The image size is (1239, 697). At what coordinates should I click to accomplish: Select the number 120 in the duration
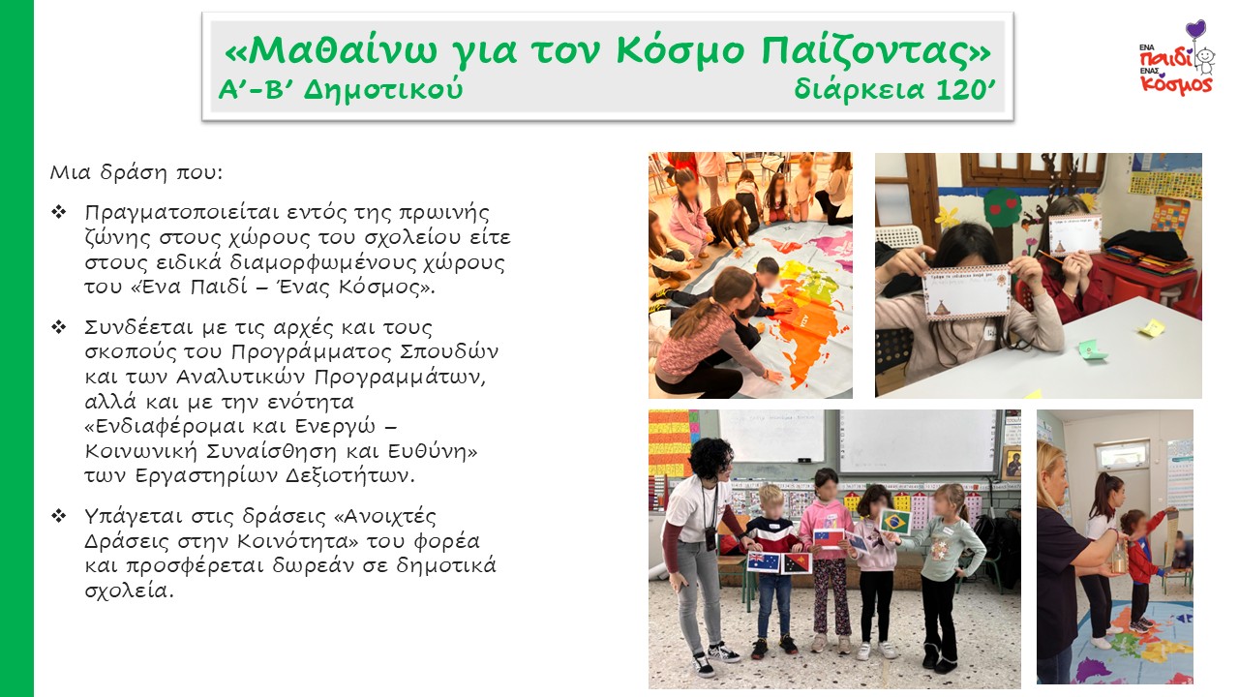point(958,90)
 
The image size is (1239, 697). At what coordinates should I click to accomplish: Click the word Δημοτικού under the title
point(382,90)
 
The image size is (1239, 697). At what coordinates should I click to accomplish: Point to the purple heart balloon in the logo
point(1195,29)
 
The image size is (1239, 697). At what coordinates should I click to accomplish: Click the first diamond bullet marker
point(59,212)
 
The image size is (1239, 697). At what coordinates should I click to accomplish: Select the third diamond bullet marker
point(59,516)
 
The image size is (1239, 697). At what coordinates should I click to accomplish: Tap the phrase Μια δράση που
point(136,173)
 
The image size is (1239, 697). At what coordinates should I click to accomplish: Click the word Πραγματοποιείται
point(176,213)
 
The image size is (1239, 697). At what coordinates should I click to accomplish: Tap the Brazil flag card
point(895,522)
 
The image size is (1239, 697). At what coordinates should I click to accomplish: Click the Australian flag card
point(764,562)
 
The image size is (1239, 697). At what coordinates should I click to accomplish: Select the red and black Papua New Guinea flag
point(796,563)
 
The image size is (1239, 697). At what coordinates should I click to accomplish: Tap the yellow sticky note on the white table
point(1152,327)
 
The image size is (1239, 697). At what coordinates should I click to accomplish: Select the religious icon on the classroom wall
point(1011,463)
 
